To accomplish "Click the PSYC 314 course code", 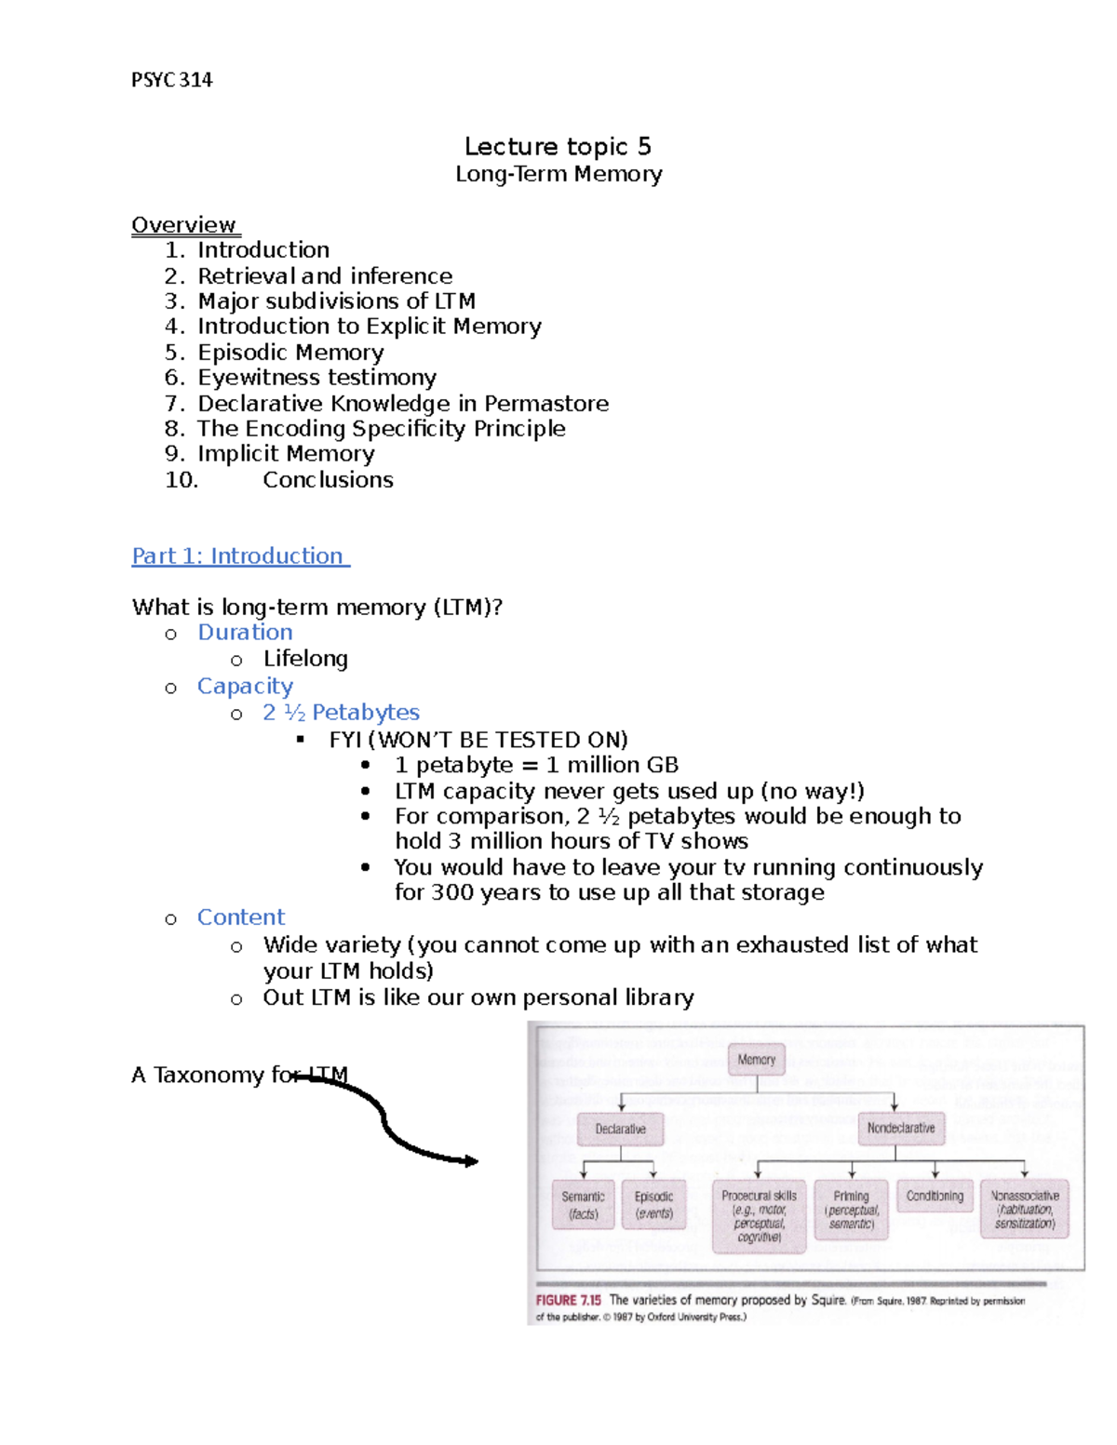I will (172, 80).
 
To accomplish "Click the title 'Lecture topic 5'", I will (558, 146).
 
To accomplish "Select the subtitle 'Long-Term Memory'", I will (558, 174).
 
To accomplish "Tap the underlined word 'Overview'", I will (184, 225).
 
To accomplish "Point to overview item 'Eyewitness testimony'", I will (316, 377).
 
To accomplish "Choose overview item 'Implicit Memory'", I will (286, 453).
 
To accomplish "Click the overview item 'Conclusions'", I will (328, 479).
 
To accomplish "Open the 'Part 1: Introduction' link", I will (238, 555).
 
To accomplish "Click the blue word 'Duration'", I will (245, 632).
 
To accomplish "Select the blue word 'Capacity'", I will (245, 686).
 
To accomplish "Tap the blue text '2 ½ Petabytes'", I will (341, 712).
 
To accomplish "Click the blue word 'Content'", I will (241, 917).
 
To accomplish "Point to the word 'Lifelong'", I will (305, 658).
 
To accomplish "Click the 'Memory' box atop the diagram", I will (756, 1060).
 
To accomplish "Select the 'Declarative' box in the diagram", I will (620, 1129).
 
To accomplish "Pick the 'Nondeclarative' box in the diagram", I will (900, 1128).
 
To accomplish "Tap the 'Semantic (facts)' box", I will (583, 1205).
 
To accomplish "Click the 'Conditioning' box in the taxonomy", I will (935, 1197).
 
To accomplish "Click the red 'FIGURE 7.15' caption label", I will (568, 1300).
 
